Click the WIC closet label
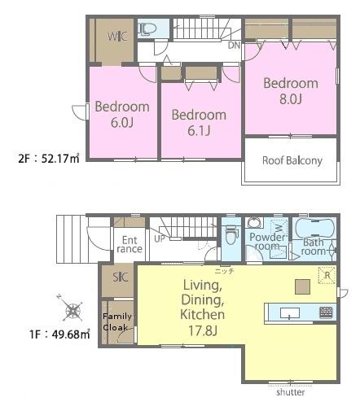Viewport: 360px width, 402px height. pyautogui.click(x=117, y=37)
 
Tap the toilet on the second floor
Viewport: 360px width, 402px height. pyautogui.click(x=147, y=28)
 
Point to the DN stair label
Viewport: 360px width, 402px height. pyautogui.click(x=234, y=46)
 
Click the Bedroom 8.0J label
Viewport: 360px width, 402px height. pyautogui.click(x=291, y=90)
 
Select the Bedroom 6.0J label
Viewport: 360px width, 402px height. pyautogui.click(x=122, y=114)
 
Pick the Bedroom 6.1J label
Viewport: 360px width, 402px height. pyautogui.click(x=199, y=123)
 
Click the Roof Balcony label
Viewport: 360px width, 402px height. pyautogui.click(x=292, y=160)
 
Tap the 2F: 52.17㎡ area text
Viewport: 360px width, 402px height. pyautogui.click(x=49, y=158)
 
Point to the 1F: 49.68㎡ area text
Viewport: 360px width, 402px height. pyautogui.click(x=59, y=334)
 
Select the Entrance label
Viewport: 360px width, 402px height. pyautogui.click(x=130, y=244)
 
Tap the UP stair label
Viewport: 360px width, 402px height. pyautogui.click(x=160, y=239)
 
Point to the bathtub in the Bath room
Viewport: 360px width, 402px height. pyautogui.click(x=314, y=229)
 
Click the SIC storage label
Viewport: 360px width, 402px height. pyautogui.click(x=121, y=277)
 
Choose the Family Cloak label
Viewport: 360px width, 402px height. pyautogui.click(x=117, y=322)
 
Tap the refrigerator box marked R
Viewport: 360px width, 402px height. pyautogui.click(x=327, y=275)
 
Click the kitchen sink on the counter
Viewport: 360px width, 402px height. pyautogui.click(x=290, y=313)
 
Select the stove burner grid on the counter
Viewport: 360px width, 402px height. pyautogui.click(x=326, y=312)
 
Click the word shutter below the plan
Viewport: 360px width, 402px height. pyautogui.click(x=291, y=392)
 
